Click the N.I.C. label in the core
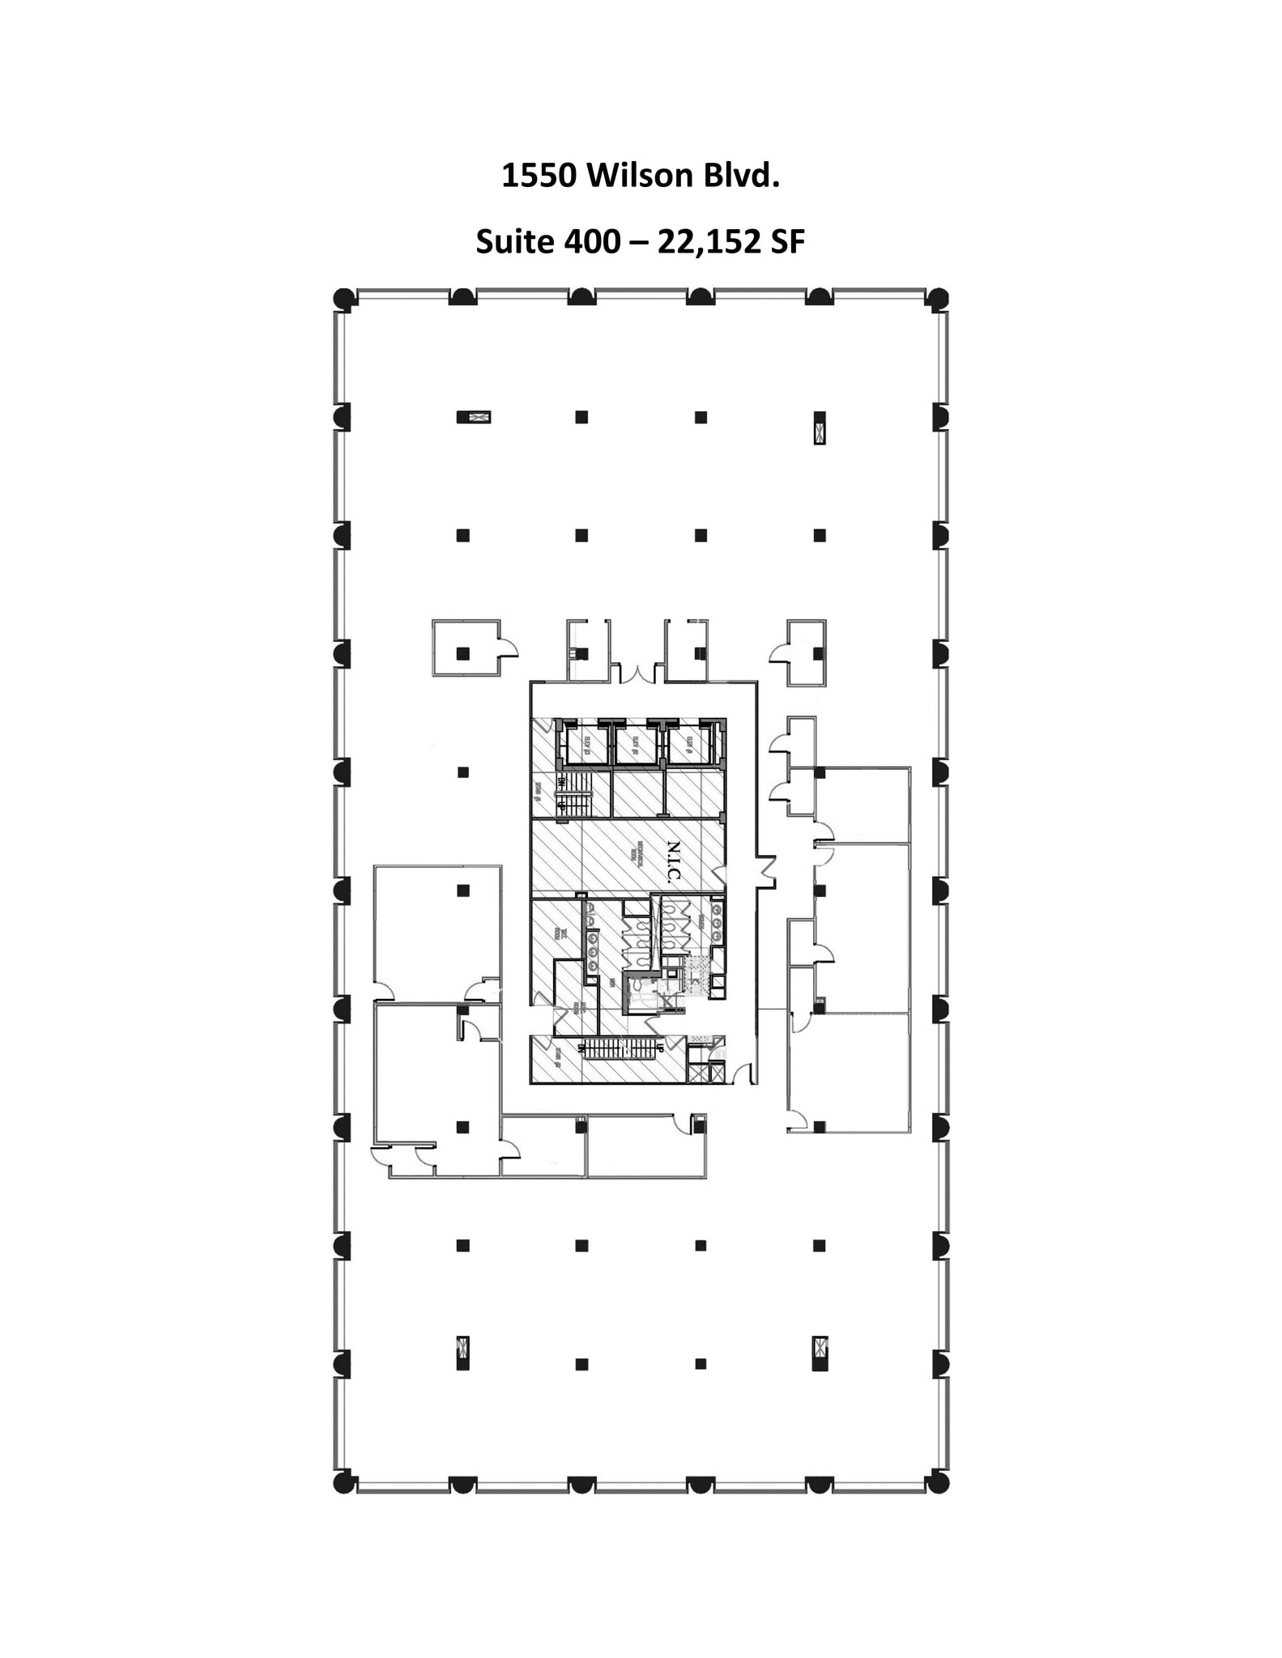674,861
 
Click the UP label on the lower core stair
660,1048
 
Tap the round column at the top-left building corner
344,298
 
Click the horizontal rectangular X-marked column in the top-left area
474,418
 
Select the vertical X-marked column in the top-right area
820,428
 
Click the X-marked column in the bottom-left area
462,1352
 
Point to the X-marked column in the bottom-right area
820,1352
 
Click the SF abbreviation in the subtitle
787,241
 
